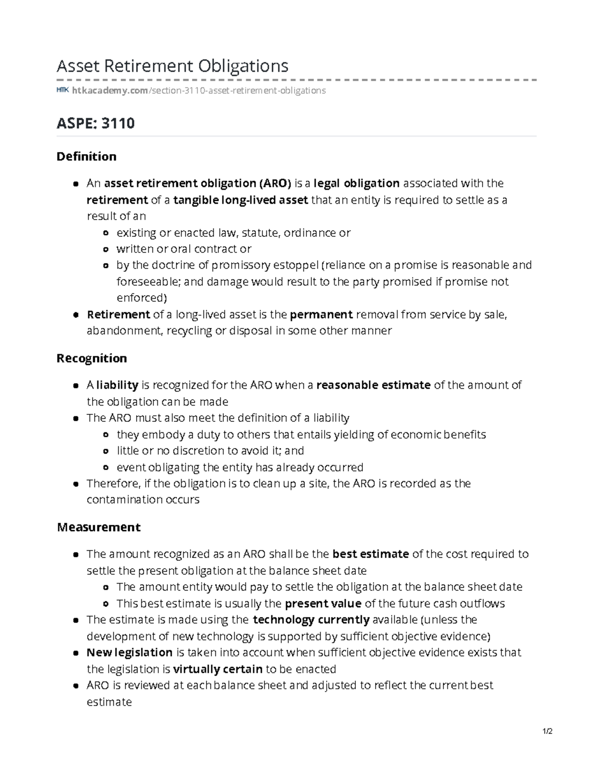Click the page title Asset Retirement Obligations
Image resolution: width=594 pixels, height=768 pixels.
pos(172,65)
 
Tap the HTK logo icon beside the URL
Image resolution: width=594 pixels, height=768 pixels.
pos(62,90)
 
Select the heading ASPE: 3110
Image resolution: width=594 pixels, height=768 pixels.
pos(96,123)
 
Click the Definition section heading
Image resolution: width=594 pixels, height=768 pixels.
pos(87,156)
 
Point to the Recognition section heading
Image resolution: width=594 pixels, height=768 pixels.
pos(92,358)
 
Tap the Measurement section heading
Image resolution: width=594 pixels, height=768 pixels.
pos(99,527)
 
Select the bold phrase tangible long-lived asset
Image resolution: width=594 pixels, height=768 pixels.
pos(241,200)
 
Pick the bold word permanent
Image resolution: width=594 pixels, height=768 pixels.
pos(321,315)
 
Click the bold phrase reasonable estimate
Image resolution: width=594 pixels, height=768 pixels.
pos(373,385)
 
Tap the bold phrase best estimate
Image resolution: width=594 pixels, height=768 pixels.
pos(370,554)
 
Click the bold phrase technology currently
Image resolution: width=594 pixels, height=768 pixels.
pos(311,620)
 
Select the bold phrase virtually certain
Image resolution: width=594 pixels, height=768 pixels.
pos(218,669)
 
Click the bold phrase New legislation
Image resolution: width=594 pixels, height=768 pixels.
pos(129,652)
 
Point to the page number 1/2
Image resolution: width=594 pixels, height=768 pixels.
pos(547,731)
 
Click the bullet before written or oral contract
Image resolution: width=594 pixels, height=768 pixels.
pos(105,249)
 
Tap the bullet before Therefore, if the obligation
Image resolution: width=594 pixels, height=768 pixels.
pos(76,484)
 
